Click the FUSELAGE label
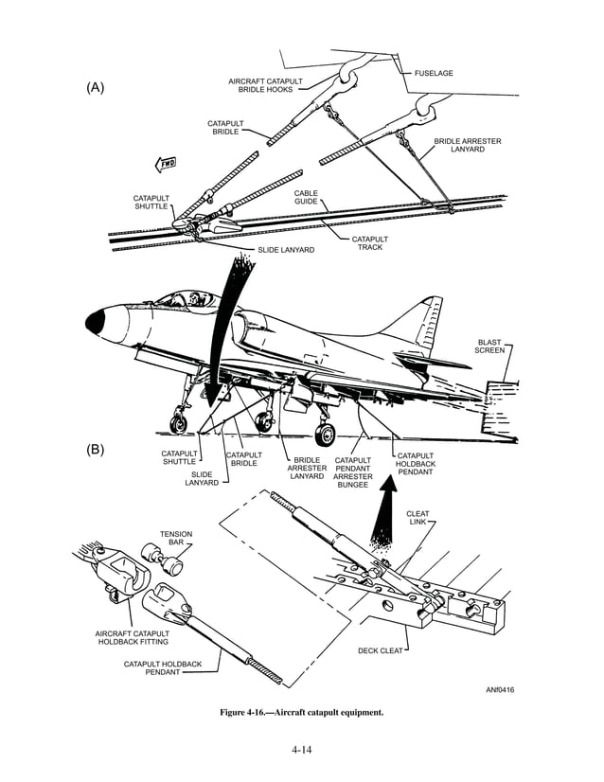coord(435,73)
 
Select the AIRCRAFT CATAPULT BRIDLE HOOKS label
coord(265,85)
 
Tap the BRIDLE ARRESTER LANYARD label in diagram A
coord(468,145)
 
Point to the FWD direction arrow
coord(167,163)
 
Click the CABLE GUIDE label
coord(306,197)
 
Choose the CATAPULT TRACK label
coord(369,243)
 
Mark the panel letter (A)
coord(96,87)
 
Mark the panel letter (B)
coord(96,450)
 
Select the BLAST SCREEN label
coord(489,346)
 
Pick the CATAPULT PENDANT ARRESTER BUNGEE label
coord(352,472)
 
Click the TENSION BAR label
coord(176,539)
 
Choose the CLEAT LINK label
coord(417,518)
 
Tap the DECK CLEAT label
coord(382,651)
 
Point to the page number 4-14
coord(302,750)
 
